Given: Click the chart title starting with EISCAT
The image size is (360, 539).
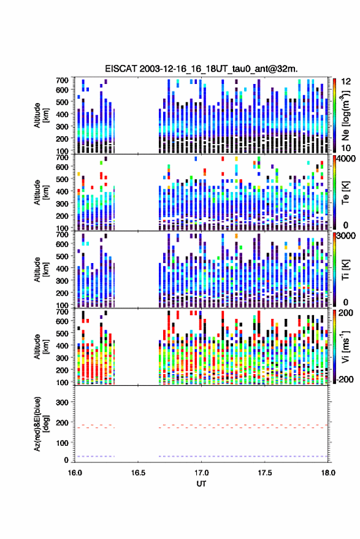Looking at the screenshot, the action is (201, 69).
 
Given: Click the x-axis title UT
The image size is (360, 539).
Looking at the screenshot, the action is (201, 484).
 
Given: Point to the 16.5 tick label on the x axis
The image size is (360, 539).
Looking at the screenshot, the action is (138, 473).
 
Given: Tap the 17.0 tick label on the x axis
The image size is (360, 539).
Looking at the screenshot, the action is (201, 473).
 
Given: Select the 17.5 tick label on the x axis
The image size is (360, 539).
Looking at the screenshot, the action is (264, 473).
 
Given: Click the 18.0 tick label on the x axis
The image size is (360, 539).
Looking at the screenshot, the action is (328, 473).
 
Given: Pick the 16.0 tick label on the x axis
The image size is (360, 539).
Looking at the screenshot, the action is (75, 473).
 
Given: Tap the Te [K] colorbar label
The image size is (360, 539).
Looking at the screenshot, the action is (345, 193).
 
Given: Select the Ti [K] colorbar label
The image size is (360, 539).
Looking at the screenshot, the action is (345, 270).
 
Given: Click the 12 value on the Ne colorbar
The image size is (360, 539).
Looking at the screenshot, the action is (347, 82).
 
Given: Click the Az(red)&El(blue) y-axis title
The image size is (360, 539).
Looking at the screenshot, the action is (41, 424).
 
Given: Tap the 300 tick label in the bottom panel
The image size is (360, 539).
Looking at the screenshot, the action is (62, 402).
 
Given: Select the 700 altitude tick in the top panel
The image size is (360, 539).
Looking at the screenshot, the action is (62, 80).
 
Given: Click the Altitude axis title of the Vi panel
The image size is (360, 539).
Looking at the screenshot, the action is (41, 346).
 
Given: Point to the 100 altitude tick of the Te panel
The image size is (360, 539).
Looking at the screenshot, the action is (62, 228).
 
